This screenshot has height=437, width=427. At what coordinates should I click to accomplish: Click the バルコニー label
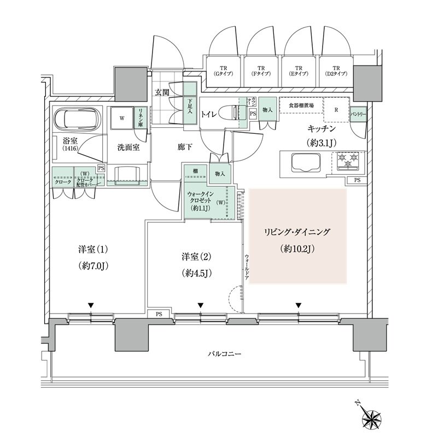click(x=224, y=355)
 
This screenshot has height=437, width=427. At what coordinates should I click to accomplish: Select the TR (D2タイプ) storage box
click(x=336, y=72)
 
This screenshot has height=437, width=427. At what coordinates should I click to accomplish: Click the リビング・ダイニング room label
click(x=297, y=232)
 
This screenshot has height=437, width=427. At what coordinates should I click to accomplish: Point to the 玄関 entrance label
click(x=161, y=92)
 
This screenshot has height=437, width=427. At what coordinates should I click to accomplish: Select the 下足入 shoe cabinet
click(x=189, y=104)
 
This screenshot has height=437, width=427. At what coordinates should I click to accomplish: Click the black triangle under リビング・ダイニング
click(x=299, y=305)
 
